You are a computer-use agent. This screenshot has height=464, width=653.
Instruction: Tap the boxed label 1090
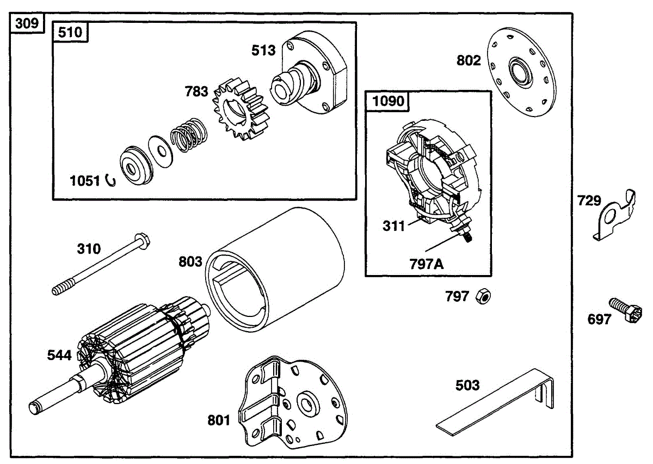(388, 101)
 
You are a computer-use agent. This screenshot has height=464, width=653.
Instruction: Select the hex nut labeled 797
(483, 296)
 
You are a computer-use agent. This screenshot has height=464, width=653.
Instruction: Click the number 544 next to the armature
(59, 356)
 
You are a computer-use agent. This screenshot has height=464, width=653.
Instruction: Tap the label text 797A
(427, 265)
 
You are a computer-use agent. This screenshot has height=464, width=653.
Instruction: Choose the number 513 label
(263, 50)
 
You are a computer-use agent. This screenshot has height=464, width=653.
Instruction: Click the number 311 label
(394, 225)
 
